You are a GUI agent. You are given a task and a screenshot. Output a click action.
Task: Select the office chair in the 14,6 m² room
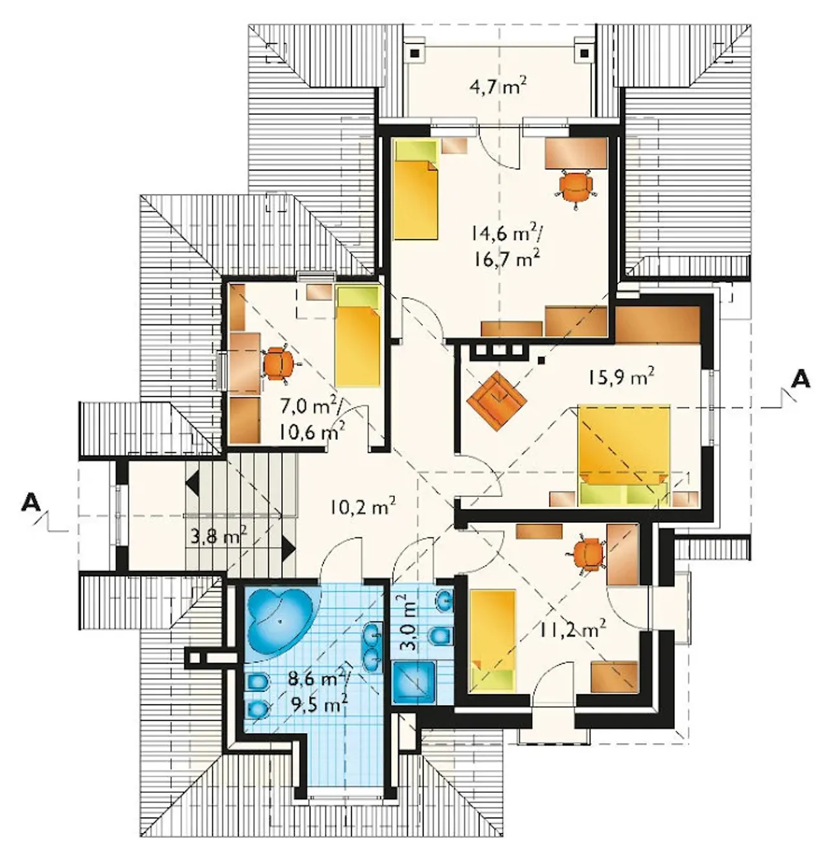pyautogui.click(x=575, y=186)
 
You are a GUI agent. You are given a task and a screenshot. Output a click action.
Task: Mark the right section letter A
pyautogui.click(x=800, y=379)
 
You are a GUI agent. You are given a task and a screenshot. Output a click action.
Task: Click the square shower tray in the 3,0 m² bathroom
pyautogui.click(x=413, y=683)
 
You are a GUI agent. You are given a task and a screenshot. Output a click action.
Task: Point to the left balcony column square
pyautogui.click(x=414, y=53)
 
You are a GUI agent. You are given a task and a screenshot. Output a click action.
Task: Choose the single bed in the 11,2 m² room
pyautogui.click(x=493, y=640)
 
